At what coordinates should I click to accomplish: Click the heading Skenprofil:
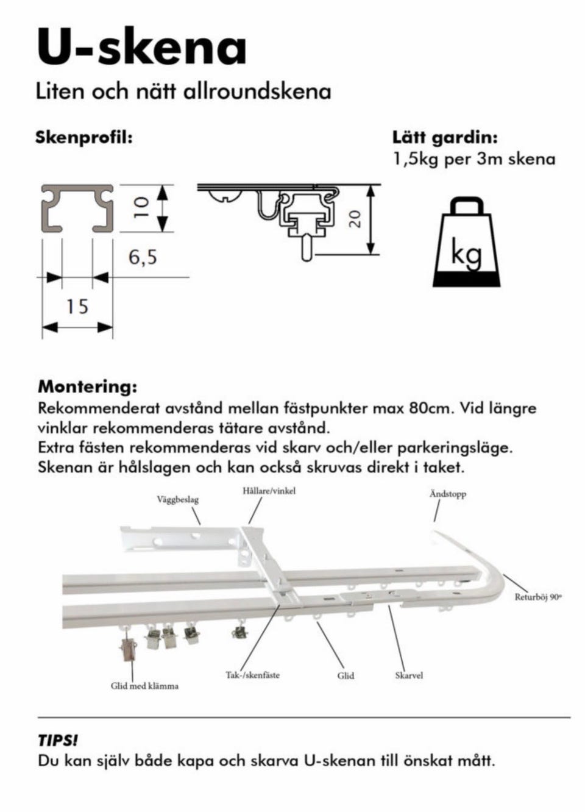[84, 137]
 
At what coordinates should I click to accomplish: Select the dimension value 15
[77, 306]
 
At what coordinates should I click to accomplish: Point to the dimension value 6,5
[143, 258]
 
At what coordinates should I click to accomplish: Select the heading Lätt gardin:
[445, 137]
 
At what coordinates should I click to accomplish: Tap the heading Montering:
[88, 386]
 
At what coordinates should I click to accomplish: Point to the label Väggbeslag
[178, 500]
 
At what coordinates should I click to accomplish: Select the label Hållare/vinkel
[269, 491]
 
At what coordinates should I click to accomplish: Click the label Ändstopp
[448, 494]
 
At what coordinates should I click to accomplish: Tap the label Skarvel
[409, 675]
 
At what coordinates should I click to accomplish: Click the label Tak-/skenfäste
[253, 675]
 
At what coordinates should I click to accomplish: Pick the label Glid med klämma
[145, 686]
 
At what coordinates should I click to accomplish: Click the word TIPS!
[58, 741]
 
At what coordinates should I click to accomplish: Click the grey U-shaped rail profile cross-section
[77, 208]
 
